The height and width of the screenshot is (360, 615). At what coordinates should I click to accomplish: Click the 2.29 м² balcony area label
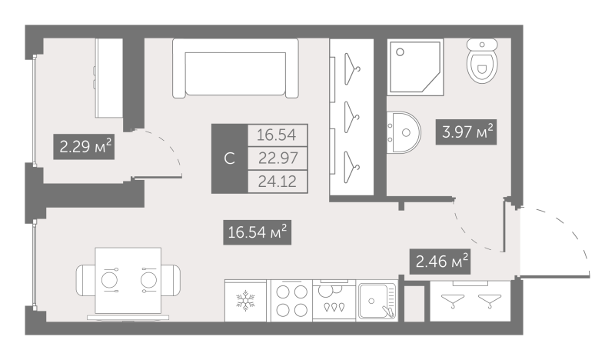[84, 147]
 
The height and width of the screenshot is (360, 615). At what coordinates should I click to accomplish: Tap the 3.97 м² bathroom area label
[467, 132]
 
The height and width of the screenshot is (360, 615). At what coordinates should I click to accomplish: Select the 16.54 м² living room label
[258, 232]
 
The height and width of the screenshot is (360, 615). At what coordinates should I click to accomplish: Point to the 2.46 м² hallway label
[440, 262]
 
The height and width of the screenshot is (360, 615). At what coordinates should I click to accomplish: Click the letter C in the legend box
[229, 158]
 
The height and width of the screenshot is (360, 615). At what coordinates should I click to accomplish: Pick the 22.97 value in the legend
[278, 158]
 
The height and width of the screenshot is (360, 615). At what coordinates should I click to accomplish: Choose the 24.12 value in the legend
[278, 182]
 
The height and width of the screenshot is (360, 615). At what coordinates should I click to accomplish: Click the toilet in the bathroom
[482, 61]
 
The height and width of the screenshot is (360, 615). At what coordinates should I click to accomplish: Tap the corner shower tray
[415, 67]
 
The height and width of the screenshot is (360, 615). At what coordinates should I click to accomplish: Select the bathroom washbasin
[404, 133]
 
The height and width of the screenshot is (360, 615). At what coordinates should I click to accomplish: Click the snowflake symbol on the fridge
[245, 301]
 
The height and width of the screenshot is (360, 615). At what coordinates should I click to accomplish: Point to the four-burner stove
[292, 301]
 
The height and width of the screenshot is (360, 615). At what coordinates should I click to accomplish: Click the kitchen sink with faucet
[377, 301]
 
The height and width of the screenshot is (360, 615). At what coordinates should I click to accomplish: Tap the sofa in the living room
[236, 68]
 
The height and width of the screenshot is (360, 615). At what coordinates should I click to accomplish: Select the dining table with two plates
[128, 281]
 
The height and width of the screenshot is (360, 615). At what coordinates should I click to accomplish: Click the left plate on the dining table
[109, 281]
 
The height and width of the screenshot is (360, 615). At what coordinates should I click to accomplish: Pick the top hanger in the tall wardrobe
[352, 69]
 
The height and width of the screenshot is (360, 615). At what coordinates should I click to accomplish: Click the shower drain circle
[400, 52]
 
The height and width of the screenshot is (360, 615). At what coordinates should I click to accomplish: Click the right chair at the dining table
[171, 280]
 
